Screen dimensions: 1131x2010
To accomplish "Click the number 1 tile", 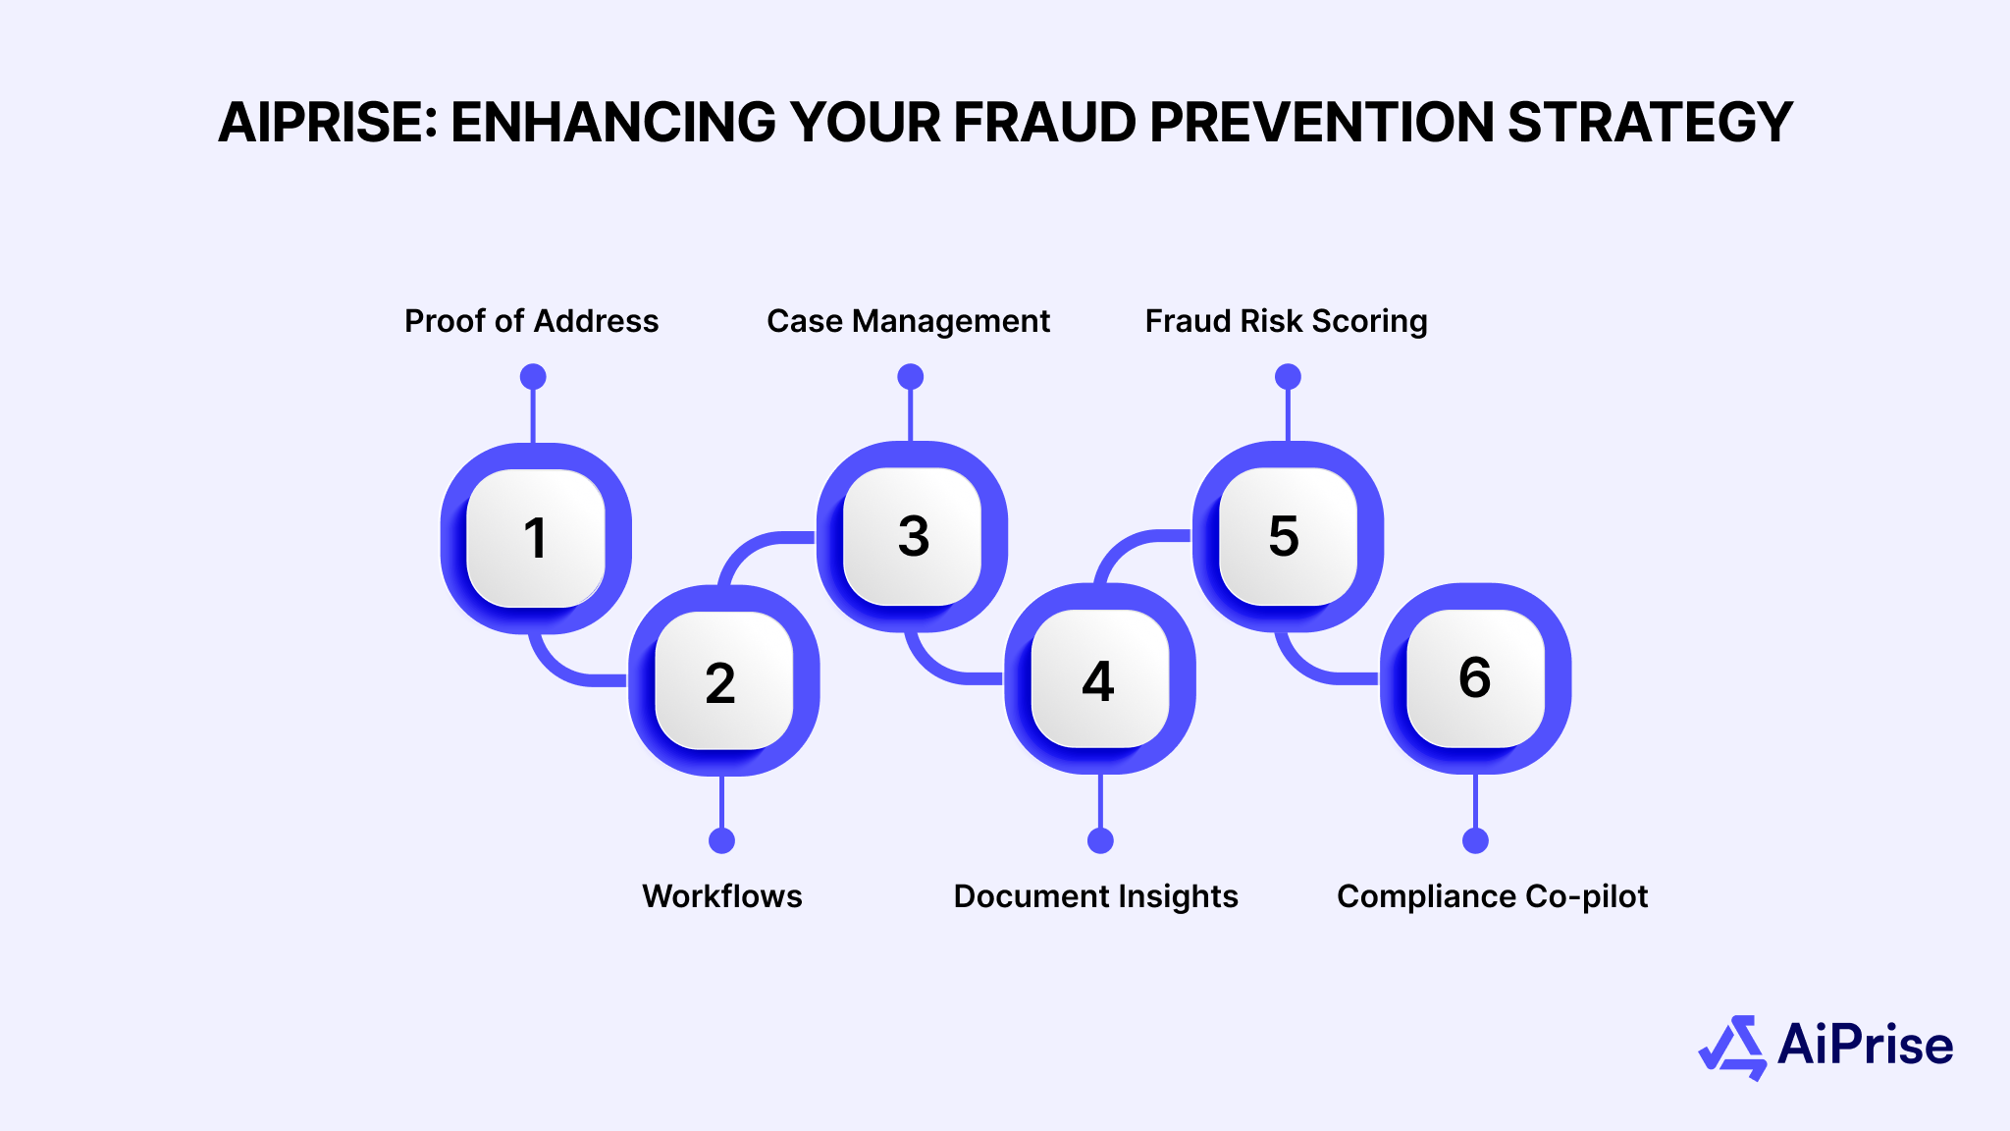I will pyautogui.click(x=535, y=538).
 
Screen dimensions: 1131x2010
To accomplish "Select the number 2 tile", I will pyautogui.click(x=723, y=680).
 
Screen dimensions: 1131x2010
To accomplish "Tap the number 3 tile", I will pyautogui.click(x=913, y=536).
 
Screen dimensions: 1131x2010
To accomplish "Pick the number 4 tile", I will pyautogui.click(x=1099, y=679).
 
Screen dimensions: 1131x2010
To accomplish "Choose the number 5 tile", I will pyautogui.click(x=1287, y=536).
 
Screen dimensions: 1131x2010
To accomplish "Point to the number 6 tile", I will pyautogui.click(x=1475, y=678).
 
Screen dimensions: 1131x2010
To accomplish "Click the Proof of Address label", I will pyautogui.click(x=531, y=321).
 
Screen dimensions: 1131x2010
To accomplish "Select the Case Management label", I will pyautogui.click(x=908, y=321).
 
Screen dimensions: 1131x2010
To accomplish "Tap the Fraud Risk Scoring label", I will pyautogui.click(x=1286, y=321).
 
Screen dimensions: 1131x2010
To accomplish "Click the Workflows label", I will pyautogui.click(x=722, y=896).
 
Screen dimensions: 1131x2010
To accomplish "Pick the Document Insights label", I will pyautogui.click(x=1095, y=896).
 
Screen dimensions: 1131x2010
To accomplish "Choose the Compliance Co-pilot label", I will pyautogui.click(x=1492, y=896).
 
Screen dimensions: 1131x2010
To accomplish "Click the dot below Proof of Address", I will pyautogui.click(x=533, y=377).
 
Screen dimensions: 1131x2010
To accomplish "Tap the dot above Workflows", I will pyautogui.click(x=721, y=840).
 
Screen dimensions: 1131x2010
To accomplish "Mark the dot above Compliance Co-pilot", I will pyautogui.click(x=1475, y=840).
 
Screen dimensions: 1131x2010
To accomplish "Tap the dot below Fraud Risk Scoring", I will pyautogui.click(x=1288, y=377).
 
